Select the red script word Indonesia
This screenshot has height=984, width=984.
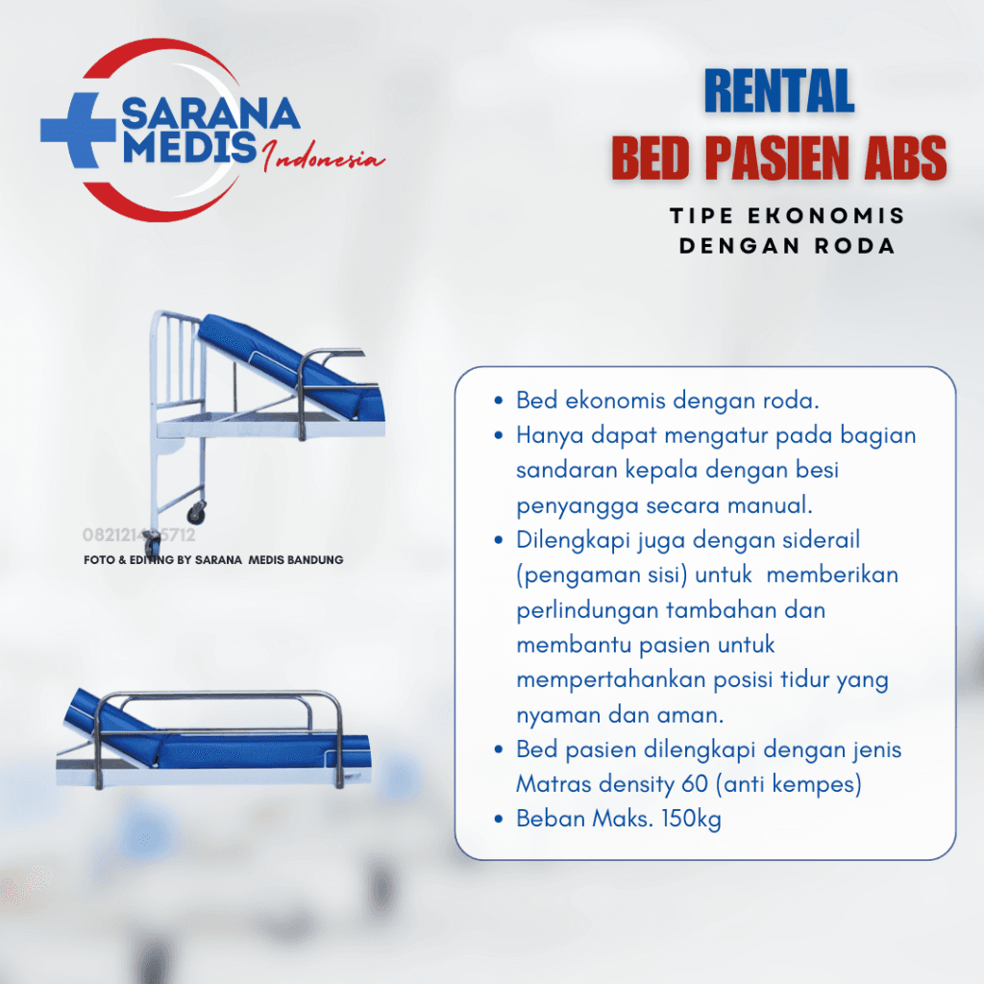tap(323, 160)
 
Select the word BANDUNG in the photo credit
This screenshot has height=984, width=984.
tap(312, 559)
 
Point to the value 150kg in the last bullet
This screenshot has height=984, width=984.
tap(690, 820)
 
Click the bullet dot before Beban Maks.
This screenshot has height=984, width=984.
tap(498, 820)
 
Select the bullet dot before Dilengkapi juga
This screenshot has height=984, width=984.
tap(498, 540)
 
